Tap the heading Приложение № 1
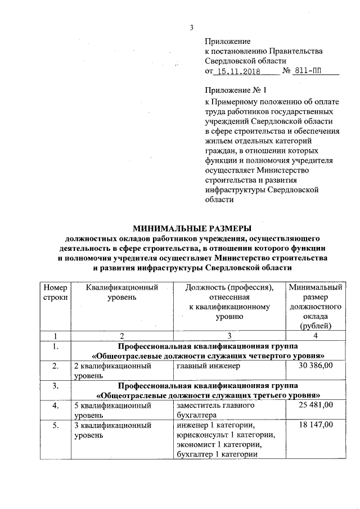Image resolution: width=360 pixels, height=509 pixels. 235,90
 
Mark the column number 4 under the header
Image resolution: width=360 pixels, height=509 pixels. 315,336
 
